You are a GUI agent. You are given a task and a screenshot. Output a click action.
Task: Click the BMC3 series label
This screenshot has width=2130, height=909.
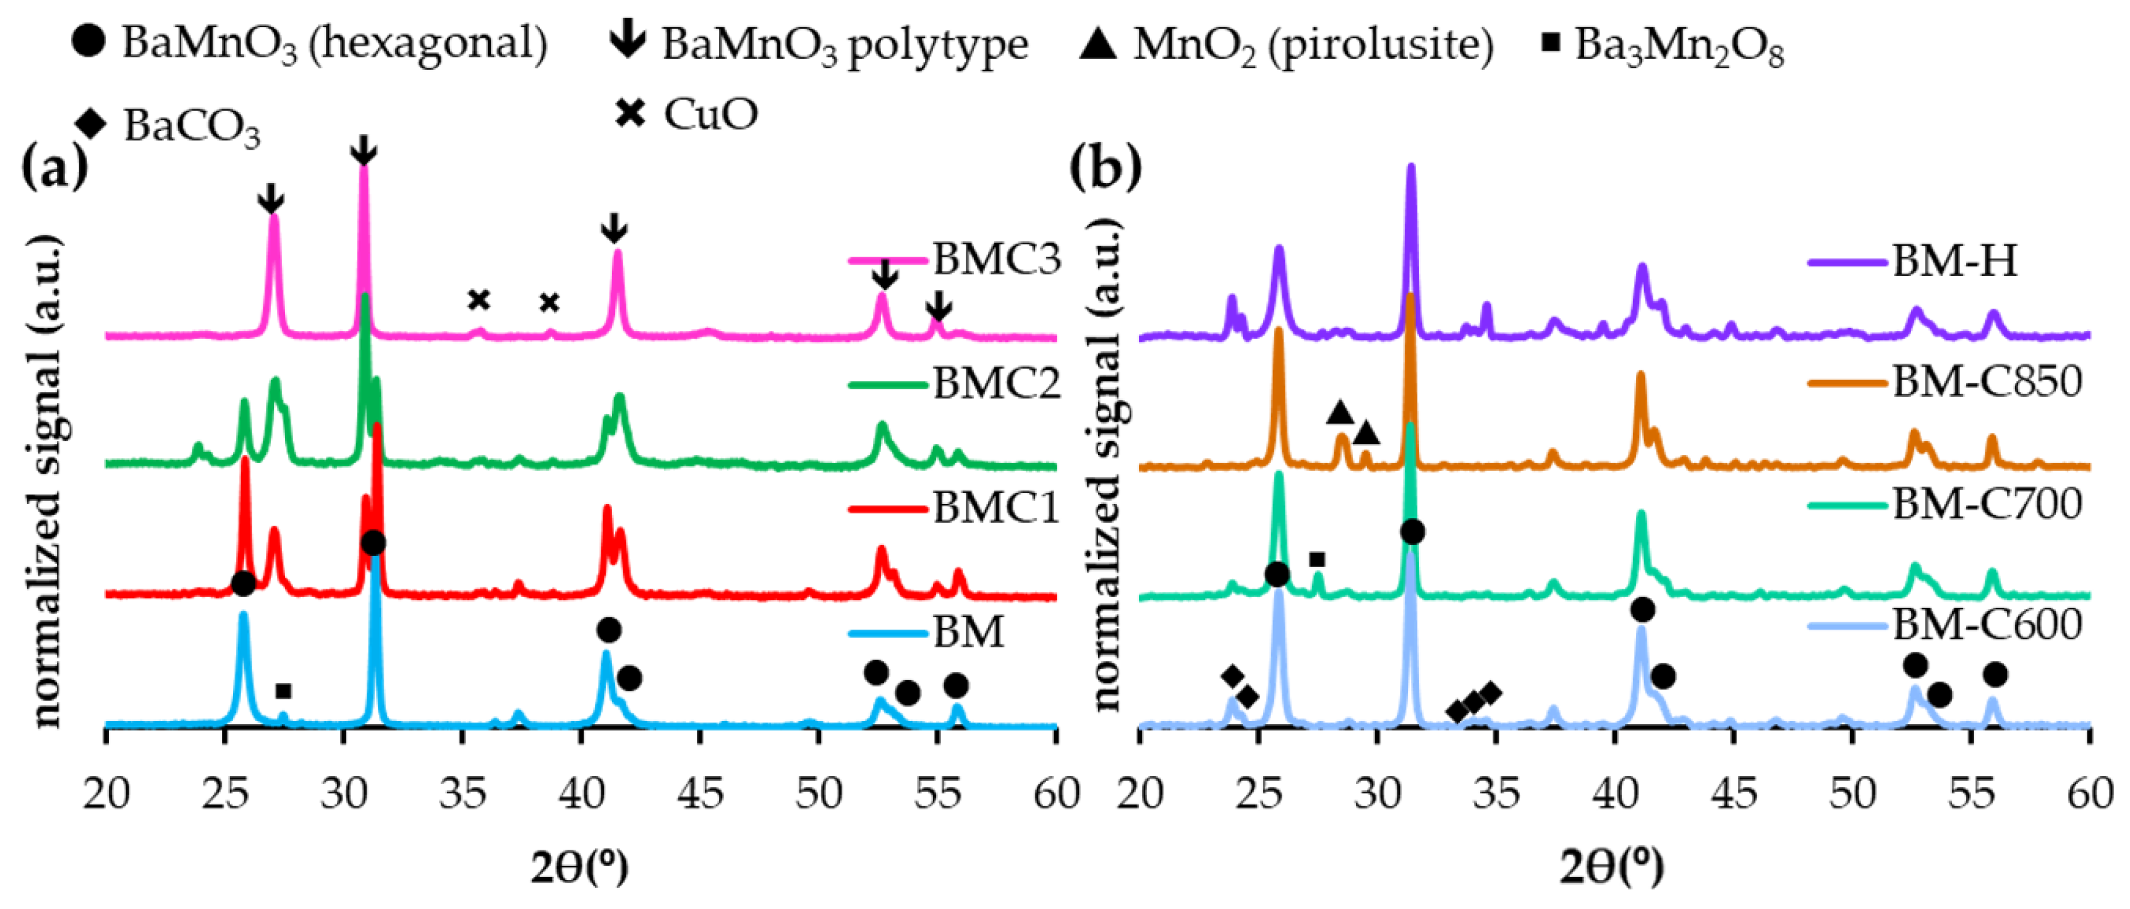[x=997, y=260]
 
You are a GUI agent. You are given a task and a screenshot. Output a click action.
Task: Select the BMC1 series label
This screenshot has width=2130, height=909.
[x=997, y=507]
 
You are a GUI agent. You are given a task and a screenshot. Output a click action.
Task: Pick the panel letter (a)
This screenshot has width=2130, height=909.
[x=54, y=168]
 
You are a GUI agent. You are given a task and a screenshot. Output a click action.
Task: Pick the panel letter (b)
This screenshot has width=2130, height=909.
[x=1105, y=168]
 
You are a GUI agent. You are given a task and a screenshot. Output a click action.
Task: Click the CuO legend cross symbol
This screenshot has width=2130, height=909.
[x=630, y=113]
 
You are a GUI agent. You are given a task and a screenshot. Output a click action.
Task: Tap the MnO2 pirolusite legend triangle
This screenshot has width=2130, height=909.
[x=1098, y=43]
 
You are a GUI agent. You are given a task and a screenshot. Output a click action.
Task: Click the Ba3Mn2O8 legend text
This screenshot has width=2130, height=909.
[x=1679, y=46]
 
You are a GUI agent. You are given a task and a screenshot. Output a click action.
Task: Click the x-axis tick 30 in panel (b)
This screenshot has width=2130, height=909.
[x=1377, y=795]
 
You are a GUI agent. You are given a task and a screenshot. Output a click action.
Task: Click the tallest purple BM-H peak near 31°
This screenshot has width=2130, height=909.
[x=1411, y=169]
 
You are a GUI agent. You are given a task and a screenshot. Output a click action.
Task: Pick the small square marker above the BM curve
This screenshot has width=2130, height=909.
[x=284, y=691]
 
